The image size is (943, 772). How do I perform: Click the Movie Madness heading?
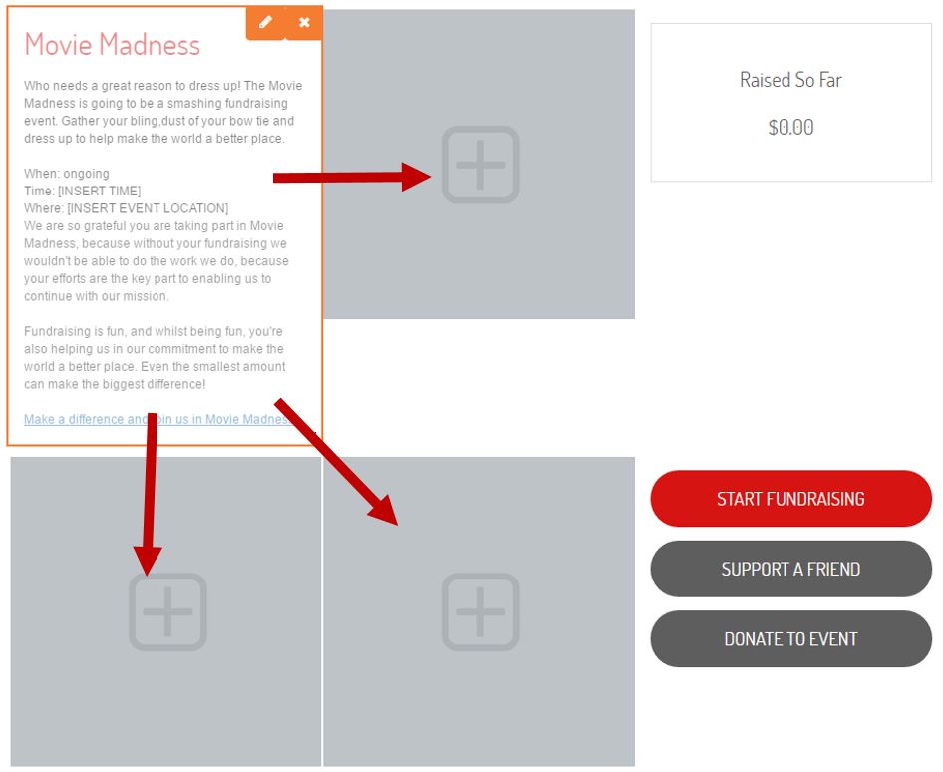[113, 45]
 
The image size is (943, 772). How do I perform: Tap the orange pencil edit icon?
[265, 23]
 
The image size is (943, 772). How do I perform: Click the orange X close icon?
[304, 23]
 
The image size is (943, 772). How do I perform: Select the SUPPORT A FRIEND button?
[790, 569]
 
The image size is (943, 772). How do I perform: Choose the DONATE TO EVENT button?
[790, 639]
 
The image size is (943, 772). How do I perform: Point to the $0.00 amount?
[790, 127]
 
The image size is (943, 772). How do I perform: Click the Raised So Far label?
[790, 80]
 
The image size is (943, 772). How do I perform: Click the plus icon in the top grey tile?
[480, 165]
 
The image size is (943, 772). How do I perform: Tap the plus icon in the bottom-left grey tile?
[167, 612]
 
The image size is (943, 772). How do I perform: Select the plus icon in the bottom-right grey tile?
[480, 612]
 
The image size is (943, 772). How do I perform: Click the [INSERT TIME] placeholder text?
[100, 192]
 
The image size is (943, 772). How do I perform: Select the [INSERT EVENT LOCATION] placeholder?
[148, 208]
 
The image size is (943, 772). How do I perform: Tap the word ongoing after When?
[87, 174]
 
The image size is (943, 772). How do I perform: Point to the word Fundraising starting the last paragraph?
[56, 331]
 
